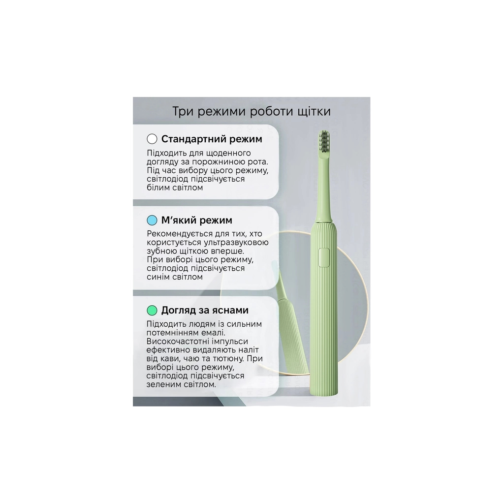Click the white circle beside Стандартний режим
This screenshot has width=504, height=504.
(x=152, y=139)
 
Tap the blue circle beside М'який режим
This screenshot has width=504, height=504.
(x=152, y=220)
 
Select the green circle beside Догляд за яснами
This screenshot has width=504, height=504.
(x=152, y=310)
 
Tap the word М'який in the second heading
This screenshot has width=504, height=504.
(x=179, y=220)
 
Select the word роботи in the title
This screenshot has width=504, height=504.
(x=270, y=112)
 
